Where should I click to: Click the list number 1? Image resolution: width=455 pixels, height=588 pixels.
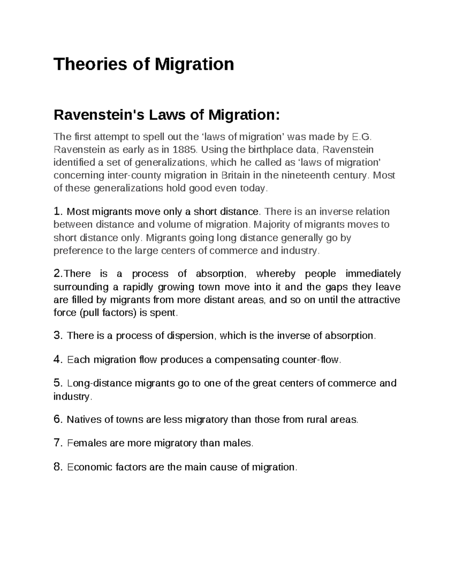57,211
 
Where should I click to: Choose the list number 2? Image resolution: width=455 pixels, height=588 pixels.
57,273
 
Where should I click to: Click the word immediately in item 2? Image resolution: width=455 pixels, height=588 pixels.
373,273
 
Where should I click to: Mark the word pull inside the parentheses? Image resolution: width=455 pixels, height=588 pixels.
91,313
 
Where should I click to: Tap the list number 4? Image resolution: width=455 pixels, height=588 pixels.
57,359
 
